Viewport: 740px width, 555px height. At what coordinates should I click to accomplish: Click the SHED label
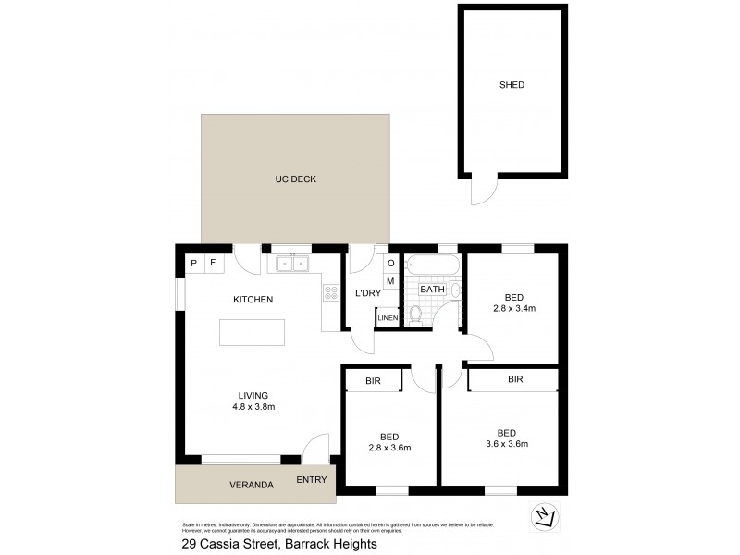click(512, 85)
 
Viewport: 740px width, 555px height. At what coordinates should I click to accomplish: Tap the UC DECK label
click(295, 179)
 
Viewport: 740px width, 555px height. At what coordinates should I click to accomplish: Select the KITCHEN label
click(253, 300)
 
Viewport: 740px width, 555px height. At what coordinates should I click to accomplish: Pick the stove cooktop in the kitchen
click(330, 294)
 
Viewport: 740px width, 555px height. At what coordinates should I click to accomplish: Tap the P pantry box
click(194, 263)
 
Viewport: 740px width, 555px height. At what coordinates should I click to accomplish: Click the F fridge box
click(213, 263)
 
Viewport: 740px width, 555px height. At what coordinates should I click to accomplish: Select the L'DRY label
click(368, 293)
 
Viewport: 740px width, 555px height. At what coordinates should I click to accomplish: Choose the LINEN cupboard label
click(388, 319)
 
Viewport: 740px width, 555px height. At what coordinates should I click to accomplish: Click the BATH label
click(432, 290)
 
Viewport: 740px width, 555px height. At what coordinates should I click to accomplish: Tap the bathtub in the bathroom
click(432, 265)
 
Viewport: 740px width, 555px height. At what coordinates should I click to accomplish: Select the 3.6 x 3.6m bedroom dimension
click(507, 444)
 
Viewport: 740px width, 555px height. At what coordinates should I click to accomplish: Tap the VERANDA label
click(252, 485)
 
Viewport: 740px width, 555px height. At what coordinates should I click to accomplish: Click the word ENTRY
click(312, 479)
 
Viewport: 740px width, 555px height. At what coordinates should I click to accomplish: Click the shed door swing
click(483, 191)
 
